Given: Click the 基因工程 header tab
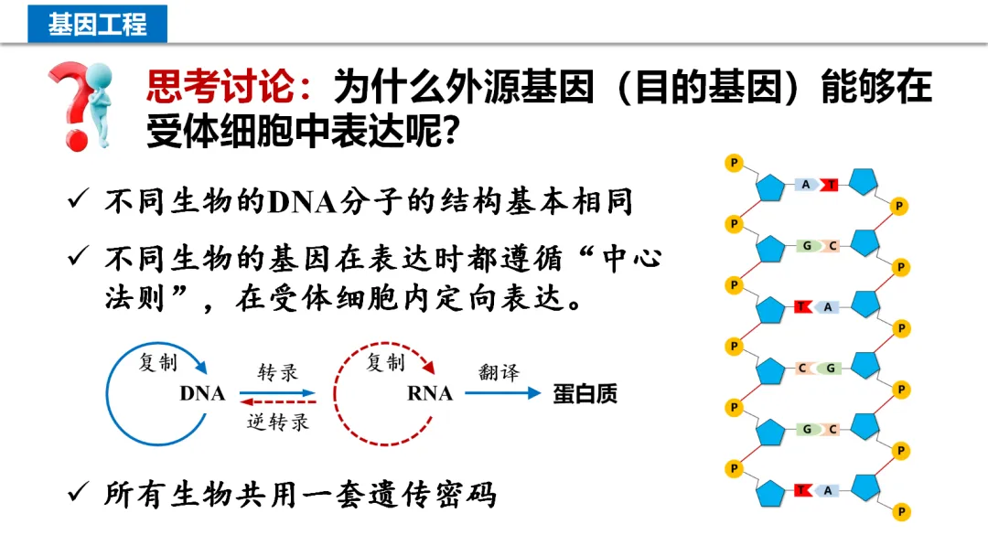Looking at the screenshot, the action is tap(97, 24).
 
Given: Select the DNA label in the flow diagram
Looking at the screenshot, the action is tap(202, 394).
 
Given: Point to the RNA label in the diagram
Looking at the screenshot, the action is tap(429, 394).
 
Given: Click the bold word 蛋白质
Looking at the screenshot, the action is tap(585, 394).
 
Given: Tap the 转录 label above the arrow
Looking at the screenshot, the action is tap(277, 372).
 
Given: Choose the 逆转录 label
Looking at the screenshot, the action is tap(278, 422).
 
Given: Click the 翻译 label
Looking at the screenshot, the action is tap(499, 372).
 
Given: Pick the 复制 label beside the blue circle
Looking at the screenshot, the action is tap(157, 362).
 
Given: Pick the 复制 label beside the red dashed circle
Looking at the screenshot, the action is tap(385, 362).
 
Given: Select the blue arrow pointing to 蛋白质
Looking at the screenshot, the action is tap(502, 394).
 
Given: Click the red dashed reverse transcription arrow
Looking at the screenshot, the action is tap(277, 401).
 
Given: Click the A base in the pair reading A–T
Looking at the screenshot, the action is tap(807, 185).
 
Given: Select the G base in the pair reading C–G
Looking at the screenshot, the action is tap(830, 369).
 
